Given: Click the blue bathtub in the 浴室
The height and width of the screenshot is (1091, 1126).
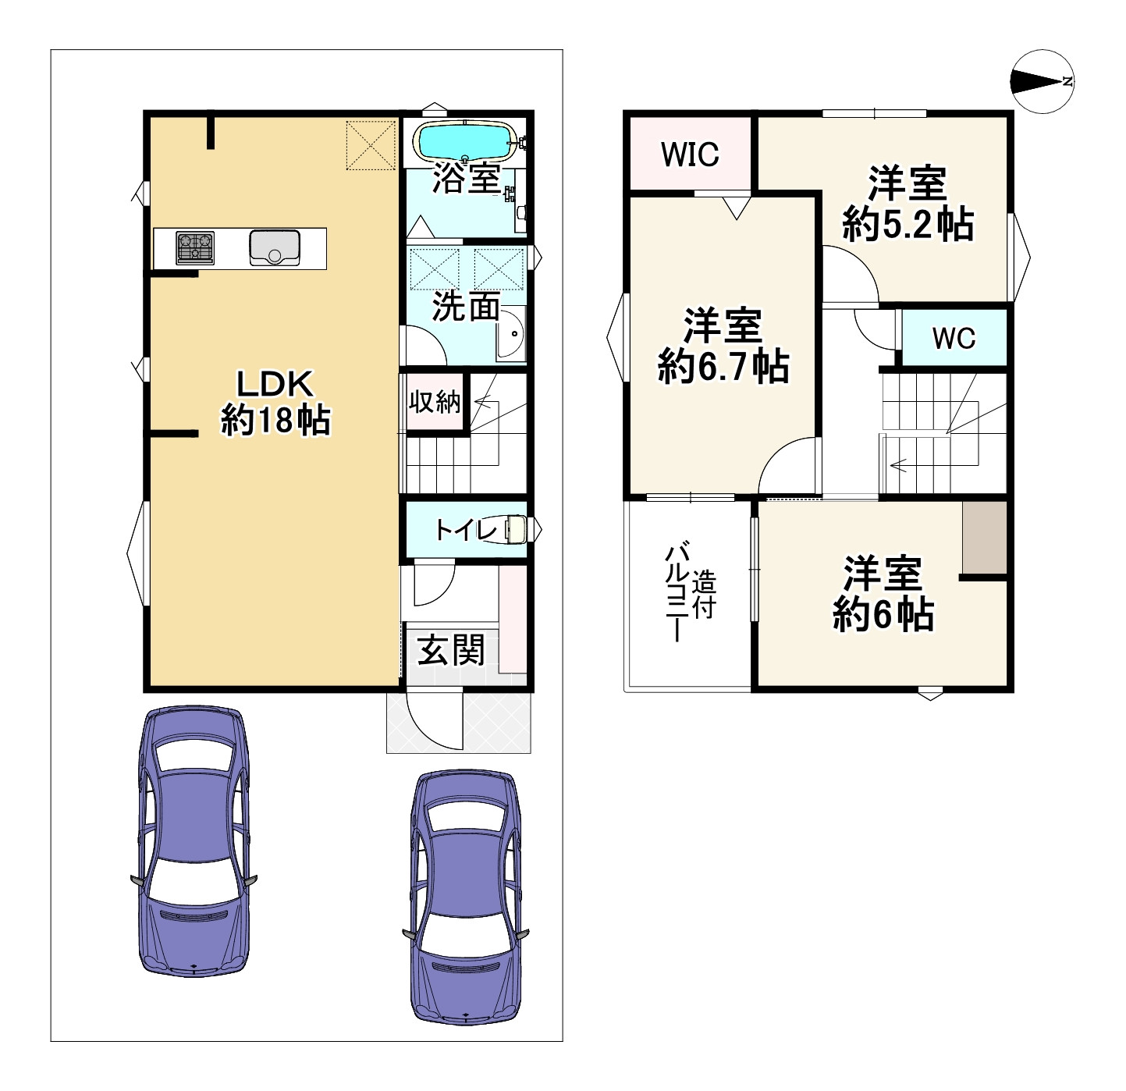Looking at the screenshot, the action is [466, 140].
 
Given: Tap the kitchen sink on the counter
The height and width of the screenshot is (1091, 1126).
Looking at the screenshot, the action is [274, 247].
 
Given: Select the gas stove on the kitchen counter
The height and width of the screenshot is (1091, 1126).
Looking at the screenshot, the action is [195, 247].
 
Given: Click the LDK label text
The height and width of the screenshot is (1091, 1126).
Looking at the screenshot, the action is [275, 384].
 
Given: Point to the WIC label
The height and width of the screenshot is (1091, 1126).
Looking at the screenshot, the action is [690, 154].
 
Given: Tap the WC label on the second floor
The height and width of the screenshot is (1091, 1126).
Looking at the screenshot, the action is [954, 338].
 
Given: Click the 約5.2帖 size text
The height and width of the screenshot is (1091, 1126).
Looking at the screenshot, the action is [908, 225].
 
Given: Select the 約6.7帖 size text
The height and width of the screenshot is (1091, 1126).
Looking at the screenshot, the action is [723, 366].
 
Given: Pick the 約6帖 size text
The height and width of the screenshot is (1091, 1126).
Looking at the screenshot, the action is [883, 613].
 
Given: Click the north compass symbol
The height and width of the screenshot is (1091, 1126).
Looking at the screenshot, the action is [1043, 82].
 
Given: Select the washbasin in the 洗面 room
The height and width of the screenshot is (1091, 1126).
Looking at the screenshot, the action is [511, 334].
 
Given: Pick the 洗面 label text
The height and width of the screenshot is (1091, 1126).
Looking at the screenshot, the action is [467, 306].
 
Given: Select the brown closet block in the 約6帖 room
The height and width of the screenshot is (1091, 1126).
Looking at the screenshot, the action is [985, 538].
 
